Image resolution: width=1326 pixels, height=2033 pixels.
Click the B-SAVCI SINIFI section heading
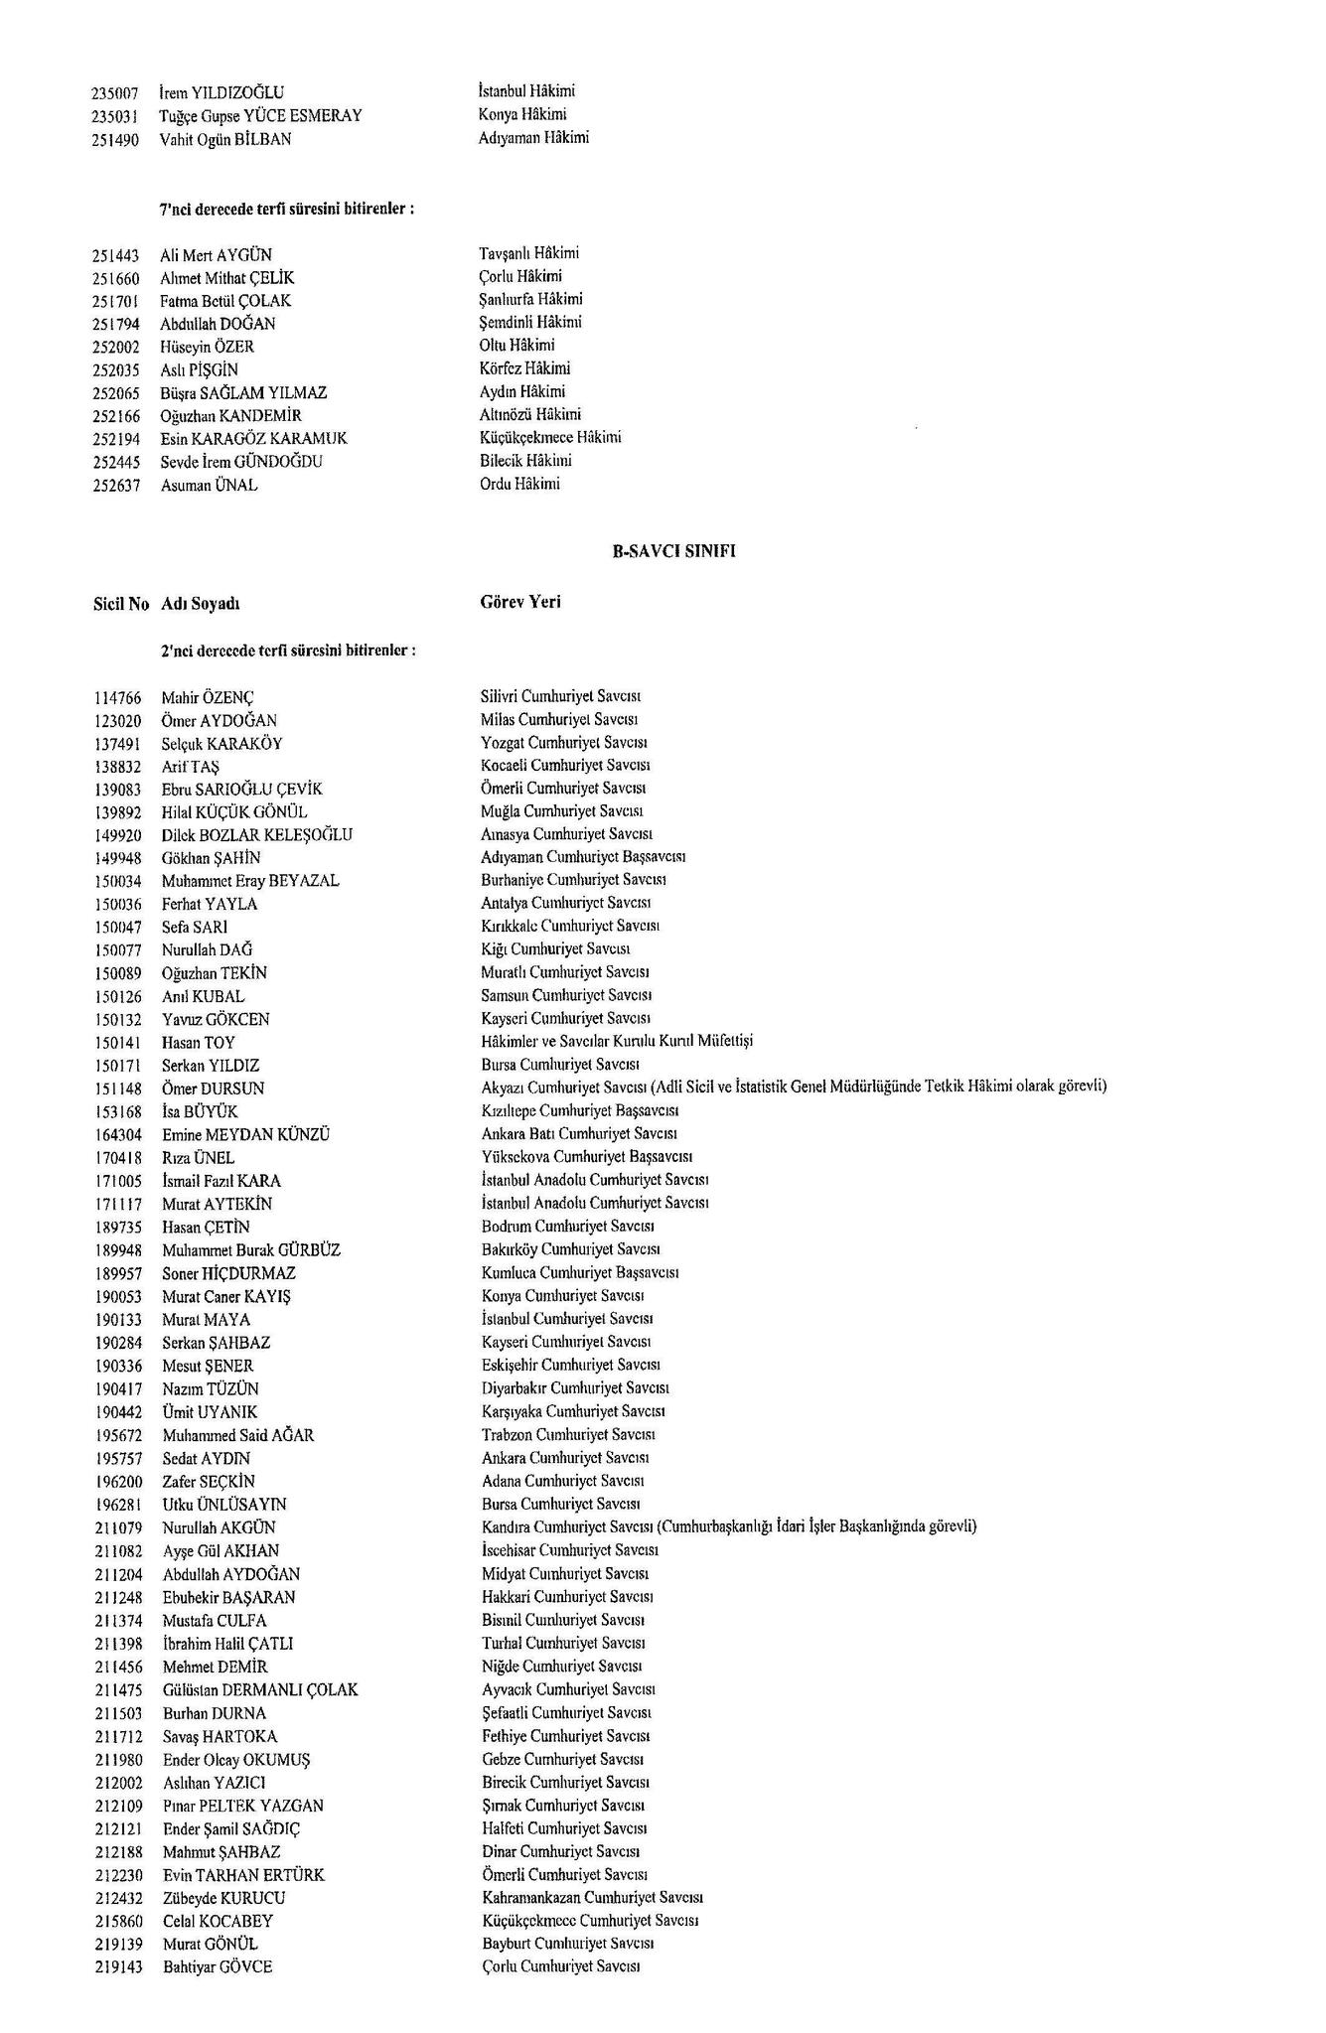point(673,552)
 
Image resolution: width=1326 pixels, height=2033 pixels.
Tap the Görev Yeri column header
point(520,602)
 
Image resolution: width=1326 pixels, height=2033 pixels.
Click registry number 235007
point(116,93)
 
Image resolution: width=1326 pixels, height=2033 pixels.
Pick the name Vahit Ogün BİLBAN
point(225,140)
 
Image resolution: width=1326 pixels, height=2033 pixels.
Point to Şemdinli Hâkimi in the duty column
point(530,322)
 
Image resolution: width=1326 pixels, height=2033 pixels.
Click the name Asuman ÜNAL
point(209,486)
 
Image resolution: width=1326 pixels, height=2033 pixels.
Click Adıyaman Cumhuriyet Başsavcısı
point(583,856)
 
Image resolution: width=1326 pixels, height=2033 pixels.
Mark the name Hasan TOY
point(199,1043)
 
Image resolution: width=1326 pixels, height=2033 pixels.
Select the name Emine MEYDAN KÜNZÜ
point(245,1134)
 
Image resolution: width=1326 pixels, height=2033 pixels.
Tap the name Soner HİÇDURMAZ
point(228,1273)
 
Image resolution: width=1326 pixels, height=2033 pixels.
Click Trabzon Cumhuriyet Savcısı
point(568,1435)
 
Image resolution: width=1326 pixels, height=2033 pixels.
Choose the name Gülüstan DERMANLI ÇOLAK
point(260,1689)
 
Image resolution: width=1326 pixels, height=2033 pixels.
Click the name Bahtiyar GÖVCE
point(218,1967)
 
